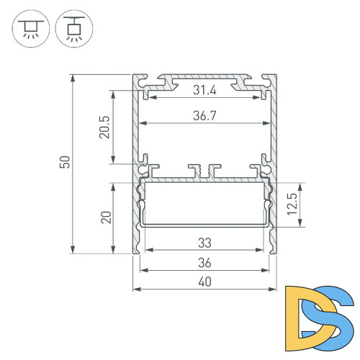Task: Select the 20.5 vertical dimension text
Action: point(104,127)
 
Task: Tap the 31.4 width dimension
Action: point(206,91)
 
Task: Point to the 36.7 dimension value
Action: point(206,115)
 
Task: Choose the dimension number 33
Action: point(206,243)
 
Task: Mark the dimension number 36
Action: point(206,262)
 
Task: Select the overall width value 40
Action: point(206,282)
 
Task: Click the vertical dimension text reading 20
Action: point(104,218)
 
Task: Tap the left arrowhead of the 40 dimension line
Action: point(136,289)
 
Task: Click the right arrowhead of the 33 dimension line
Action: point(262,251)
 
